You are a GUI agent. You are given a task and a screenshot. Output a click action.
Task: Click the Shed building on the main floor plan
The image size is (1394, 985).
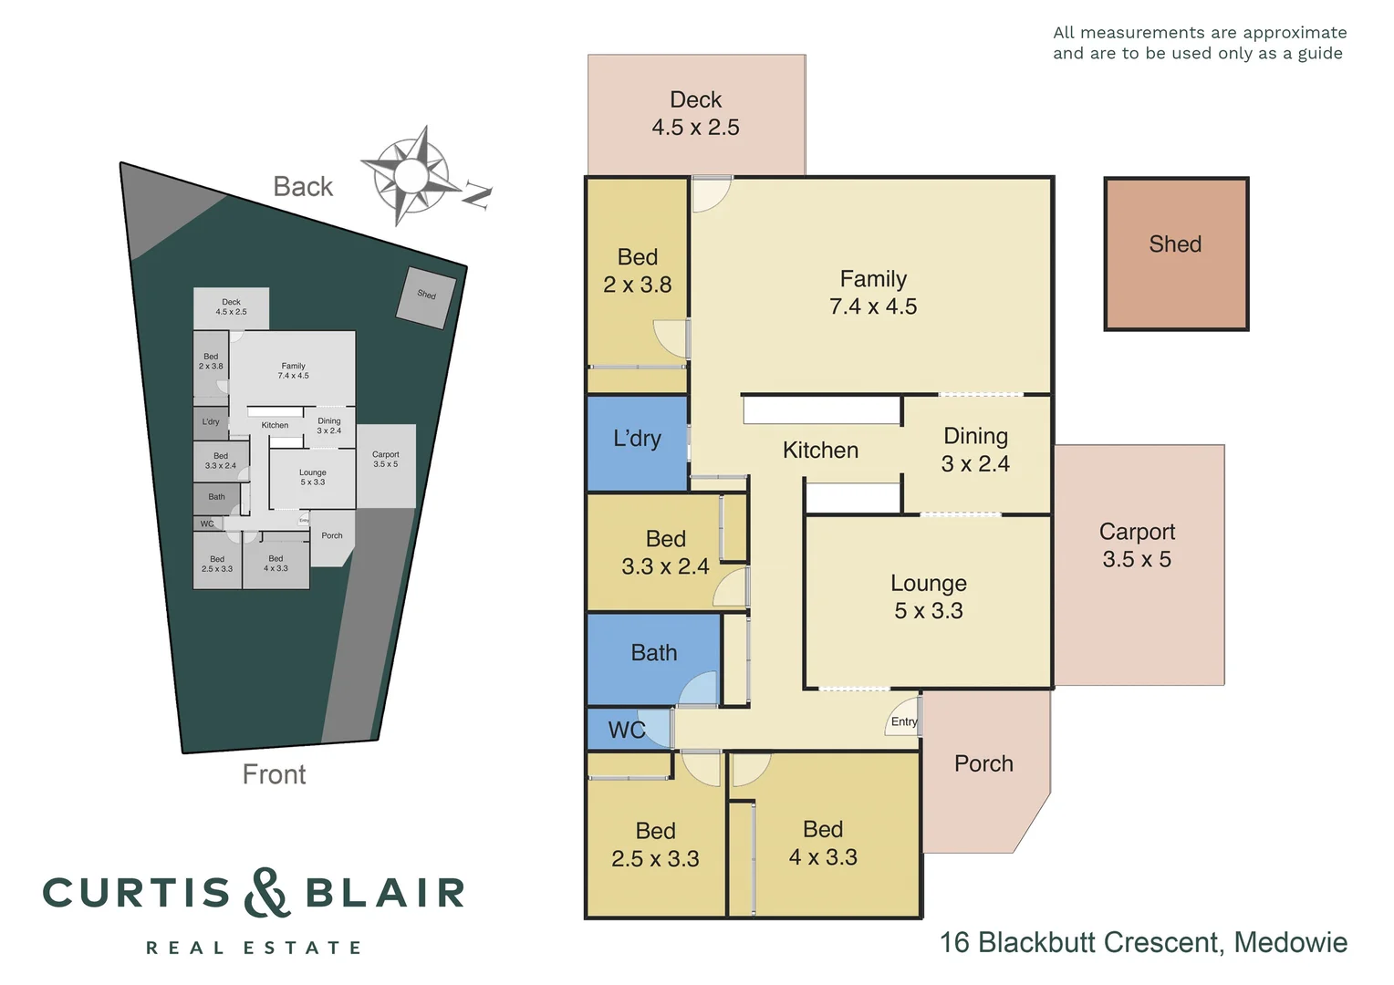pyautogui.click(x=1175, y=254)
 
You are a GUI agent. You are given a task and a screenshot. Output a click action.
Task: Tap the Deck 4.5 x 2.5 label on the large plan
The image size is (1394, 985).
pyautogui.click(x=695, y=114)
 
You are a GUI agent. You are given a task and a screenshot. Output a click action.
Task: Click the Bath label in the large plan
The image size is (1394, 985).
pyautogui.click(x=654, y=653)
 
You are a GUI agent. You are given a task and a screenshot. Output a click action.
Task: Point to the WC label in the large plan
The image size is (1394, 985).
pyautogui.click(x=626, y=731)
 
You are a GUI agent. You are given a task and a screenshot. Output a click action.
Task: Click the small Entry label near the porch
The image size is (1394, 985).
pyautogui.click(x=904, y=721)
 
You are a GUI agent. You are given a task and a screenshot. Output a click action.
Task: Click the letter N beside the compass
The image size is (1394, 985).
pyautogui.click(x=477, y=194)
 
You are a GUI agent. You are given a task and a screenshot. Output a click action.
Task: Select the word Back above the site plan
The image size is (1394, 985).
pyautogui.click(x=303, y=187)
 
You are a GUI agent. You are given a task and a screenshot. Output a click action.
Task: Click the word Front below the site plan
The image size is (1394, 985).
pyautogui.click(x=274, y=774)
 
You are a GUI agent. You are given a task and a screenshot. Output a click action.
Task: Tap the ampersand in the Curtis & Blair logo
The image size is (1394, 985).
pyautogui.click(x=267, y=893)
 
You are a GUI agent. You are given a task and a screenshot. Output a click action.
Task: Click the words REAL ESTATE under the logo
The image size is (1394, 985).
pyautogui.click(x=254, y=949)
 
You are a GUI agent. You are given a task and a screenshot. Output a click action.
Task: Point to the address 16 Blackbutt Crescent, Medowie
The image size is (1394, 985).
pyautogui.click(x=1143, y=942)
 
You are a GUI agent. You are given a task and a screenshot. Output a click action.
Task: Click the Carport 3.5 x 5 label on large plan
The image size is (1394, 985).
pyautogui.click(x=1137, y=545)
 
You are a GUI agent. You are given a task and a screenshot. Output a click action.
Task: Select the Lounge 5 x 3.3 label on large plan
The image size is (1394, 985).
pyautogui.click(x=928, y=597)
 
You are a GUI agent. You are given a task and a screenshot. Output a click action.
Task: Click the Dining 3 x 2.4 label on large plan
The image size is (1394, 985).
pyautogui.click(x=975, y=451)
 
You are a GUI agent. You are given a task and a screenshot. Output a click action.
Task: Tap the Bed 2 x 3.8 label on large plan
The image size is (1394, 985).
pyautogui.click(x=637, y=271)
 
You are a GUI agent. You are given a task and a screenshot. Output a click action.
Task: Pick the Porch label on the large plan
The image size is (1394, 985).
pyautogui.click(x=983, y=764)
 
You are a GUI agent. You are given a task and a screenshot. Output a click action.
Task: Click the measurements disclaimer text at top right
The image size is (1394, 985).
pyautogui.click(x=1199, y=43)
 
